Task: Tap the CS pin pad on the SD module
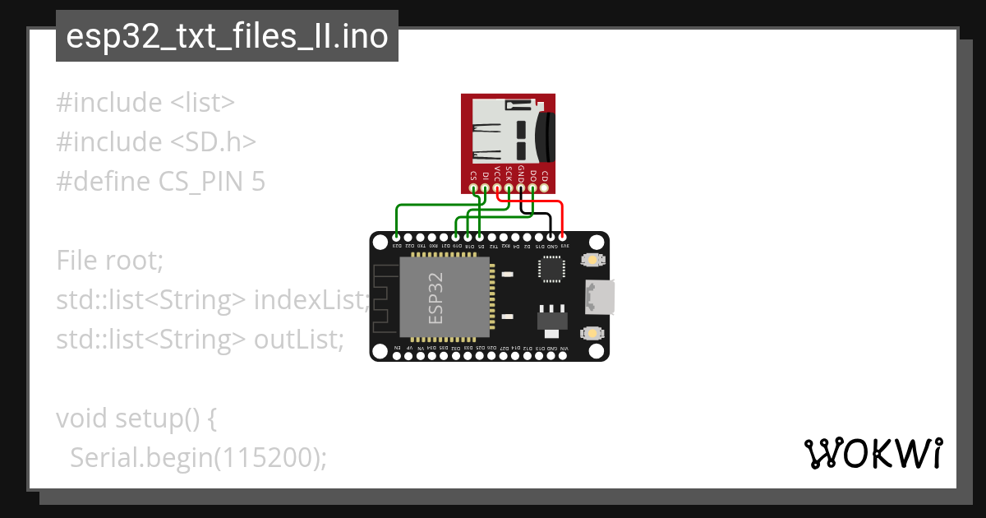473,188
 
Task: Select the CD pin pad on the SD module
545,188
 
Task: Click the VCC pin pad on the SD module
497,188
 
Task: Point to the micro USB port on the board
600,297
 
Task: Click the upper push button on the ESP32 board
590,261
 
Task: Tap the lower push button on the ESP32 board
590,333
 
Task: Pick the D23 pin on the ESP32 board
397,237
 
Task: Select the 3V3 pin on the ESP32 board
563,237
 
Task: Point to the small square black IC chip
551,269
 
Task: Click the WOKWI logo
873,453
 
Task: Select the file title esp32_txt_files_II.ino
227,37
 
